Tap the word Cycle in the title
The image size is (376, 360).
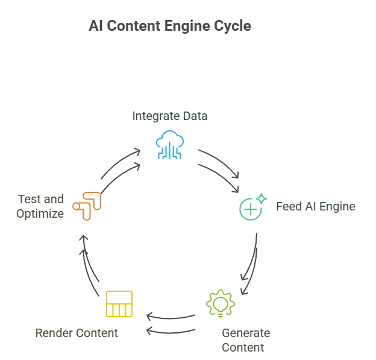[x=232, y=26]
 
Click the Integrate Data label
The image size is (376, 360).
[x=170, y=116]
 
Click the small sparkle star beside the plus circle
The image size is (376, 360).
[x=262, y=198]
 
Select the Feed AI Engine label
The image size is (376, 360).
[x=315, y=207]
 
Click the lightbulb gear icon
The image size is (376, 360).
[x=221, y=304]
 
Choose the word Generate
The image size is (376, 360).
[x=245, y=333]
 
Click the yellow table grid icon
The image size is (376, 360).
[x=119, y=303]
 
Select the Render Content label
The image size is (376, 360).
[x=77, y=333]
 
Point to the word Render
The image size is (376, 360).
[x=52, y=333]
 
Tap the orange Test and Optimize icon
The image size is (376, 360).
[x=87, y=205]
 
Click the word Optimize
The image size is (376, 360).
[x=40, y=213]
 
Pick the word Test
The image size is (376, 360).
[x=28, y=200]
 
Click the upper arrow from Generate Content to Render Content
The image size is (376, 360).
[x=171, y=317]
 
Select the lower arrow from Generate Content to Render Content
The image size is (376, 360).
[x=171, y=330]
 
